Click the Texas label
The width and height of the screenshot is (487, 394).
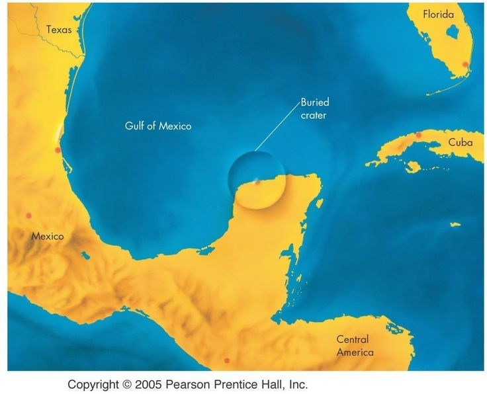click(58, 29)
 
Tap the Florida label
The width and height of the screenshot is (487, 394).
click(439, 13)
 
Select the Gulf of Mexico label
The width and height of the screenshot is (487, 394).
click(158, 125)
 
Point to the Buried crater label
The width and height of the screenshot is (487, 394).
click(314, 108)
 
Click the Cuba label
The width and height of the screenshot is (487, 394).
click(460, 142)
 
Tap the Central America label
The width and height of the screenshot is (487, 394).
click(355, 346)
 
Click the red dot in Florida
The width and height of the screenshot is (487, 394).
click(465, 64)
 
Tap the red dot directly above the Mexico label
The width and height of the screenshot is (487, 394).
click(28, 216)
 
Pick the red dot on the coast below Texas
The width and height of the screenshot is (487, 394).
click(58, 150)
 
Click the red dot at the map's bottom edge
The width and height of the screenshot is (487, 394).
click(227, 360)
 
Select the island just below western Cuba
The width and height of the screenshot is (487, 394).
click(413, 167)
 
